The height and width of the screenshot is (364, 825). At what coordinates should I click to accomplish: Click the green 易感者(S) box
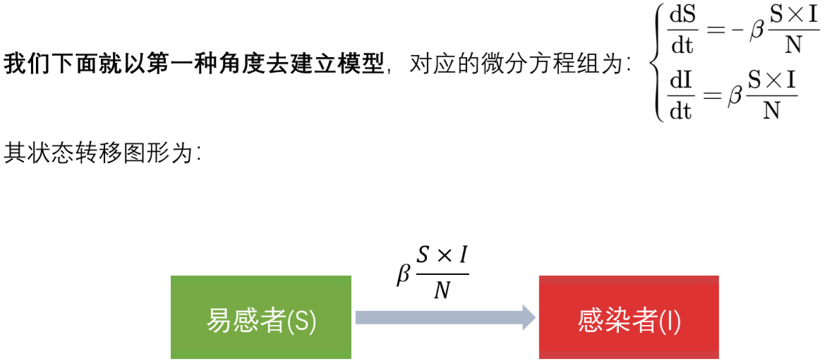click(260, 317)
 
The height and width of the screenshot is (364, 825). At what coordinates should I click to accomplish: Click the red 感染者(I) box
click(629, 317)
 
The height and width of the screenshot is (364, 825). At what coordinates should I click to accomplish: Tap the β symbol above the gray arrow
click(403, 275)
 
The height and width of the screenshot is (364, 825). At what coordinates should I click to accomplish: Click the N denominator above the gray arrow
click(442, 290)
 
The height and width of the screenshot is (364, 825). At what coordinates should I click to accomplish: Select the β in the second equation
click(735, 98)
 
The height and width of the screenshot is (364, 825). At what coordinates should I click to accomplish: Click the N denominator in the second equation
click(771, 111)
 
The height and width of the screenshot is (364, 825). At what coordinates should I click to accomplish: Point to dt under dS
click(682, 47)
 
